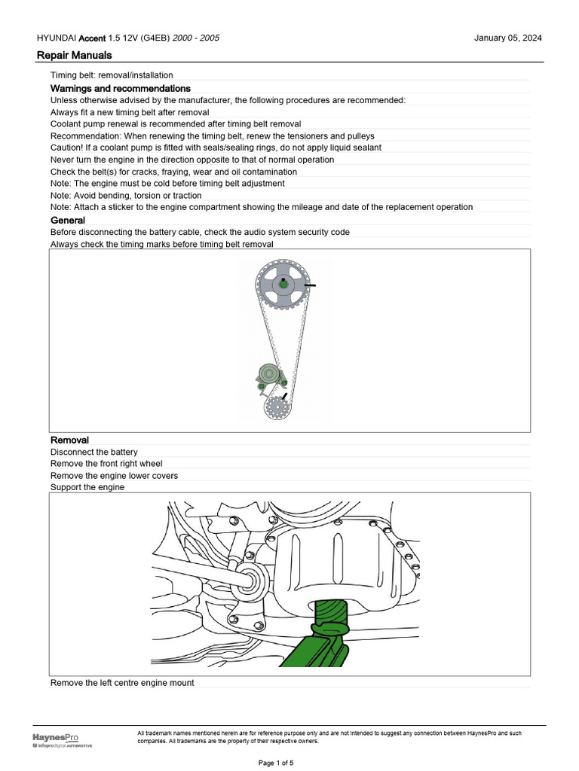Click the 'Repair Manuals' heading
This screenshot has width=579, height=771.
[75, 55]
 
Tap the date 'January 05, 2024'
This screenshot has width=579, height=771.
[507, 38]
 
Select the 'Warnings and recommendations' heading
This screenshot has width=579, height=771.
[120, 89]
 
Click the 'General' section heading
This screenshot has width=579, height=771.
[68, 220]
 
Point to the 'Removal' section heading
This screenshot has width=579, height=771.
[69, 440]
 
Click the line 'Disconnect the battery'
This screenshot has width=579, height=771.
[94, 452]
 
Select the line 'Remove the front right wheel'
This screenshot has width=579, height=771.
[106, 464]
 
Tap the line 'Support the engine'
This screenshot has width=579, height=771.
[87, 487]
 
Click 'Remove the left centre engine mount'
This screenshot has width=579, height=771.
[122, 683]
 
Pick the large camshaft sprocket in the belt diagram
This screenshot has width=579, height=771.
[283, 284]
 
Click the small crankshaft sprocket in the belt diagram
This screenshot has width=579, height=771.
[277, 407]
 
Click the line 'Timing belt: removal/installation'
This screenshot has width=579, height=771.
[112, 75]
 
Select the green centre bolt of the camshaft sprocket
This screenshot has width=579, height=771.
[282, 283]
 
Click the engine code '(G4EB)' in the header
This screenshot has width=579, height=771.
[155, 38]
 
